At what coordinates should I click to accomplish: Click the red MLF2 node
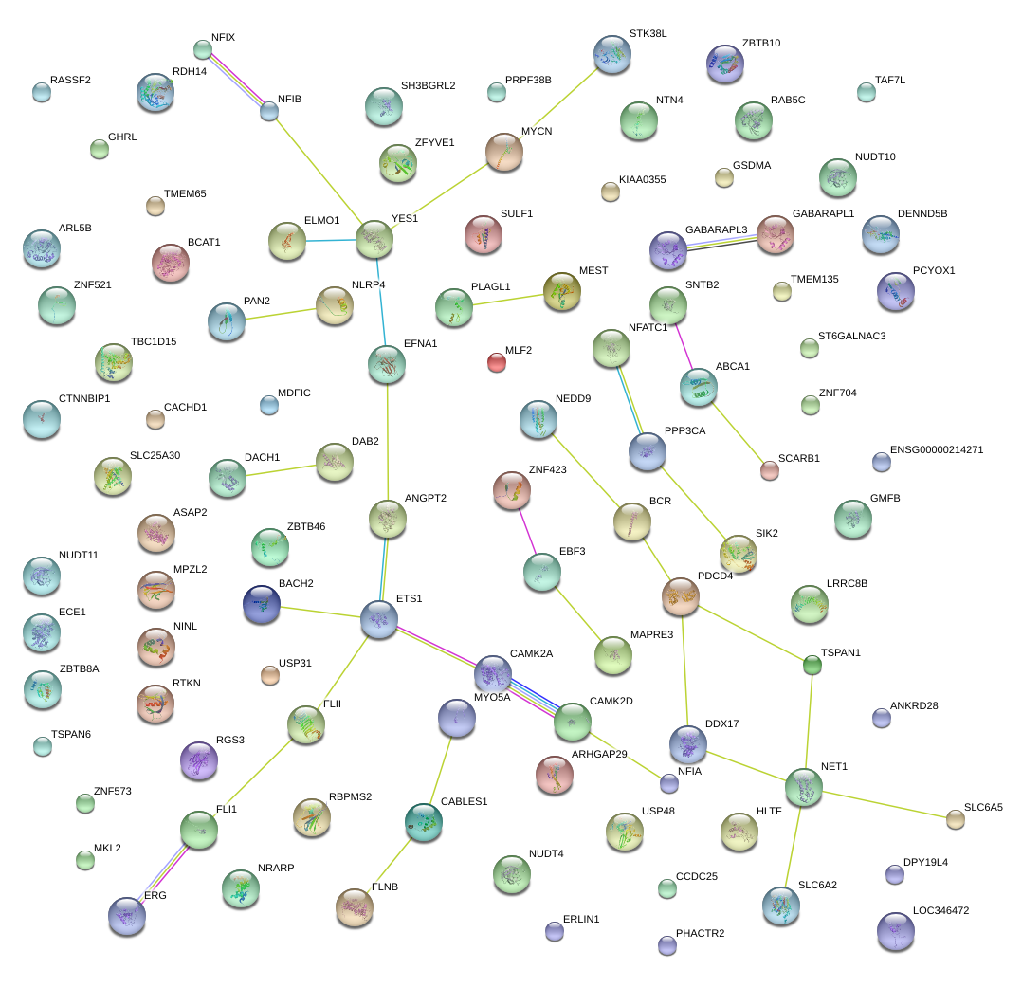pos(497,362)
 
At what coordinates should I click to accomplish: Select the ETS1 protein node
pos(379,619)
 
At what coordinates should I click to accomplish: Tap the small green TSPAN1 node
pos(812,665)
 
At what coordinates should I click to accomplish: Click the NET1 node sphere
pos(804,787)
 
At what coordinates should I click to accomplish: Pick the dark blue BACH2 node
pos(262,604)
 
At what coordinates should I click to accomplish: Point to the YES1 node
pos(374,239)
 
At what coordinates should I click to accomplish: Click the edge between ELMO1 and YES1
pos(331,241)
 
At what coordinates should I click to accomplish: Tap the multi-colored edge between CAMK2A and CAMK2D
pos(533,697)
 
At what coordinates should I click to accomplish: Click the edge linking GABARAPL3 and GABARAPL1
pos(722,242)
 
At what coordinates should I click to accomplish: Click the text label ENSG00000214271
pos(937,449)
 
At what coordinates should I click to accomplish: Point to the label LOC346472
pos(940,910)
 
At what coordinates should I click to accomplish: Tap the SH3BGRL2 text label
pos(429,85)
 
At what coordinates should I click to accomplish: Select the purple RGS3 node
pos(199,759)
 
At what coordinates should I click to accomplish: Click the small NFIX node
pos(203,49)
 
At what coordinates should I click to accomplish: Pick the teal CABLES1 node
pos(424,822)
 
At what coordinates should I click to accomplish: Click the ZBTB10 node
pos(724,64)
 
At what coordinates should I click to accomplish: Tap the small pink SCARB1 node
pos(770,470)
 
